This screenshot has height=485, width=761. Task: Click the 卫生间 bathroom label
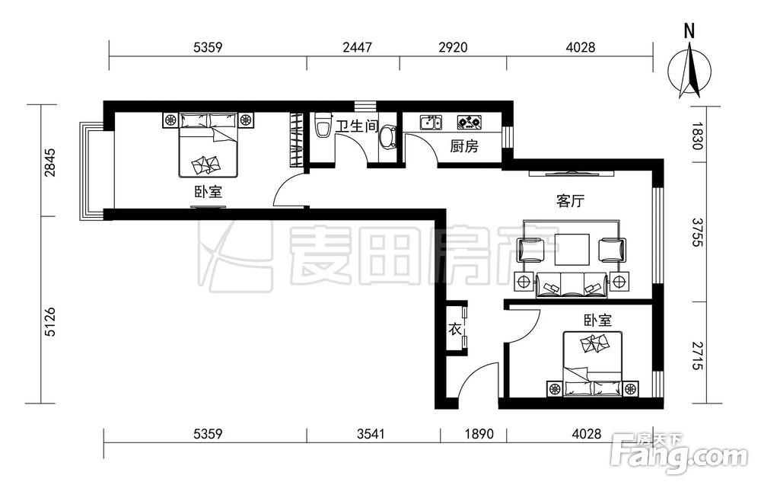357,126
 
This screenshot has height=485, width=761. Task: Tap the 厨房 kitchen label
464,145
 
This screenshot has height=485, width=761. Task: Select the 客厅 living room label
570,200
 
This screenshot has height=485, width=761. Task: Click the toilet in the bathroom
322,126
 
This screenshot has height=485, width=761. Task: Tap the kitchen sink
431,123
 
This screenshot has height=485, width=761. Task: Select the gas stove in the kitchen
470,123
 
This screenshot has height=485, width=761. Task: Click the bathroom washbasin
387,137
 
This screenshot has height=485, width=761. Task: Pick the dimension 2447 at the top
357,47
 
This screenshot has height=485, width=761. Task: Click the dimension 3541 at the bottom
371,433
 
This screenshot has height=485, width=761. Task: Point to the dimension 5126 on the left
50,321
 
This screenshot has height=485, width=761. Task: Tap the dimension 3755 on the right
697,232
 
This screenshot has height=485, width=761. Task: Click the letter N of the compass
689,31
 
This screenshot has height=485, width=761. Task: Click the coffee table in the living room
573,250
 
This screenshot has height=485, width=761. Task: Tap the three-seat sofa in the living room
572,285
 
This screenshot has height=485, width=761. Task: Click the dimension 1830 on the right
697,136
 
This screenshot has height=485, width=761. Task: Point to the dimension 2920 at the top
453,47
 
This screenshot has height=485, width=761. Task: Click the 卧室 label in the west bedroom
209,192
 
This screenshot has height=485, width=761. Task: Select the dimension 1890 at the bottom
479,433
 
